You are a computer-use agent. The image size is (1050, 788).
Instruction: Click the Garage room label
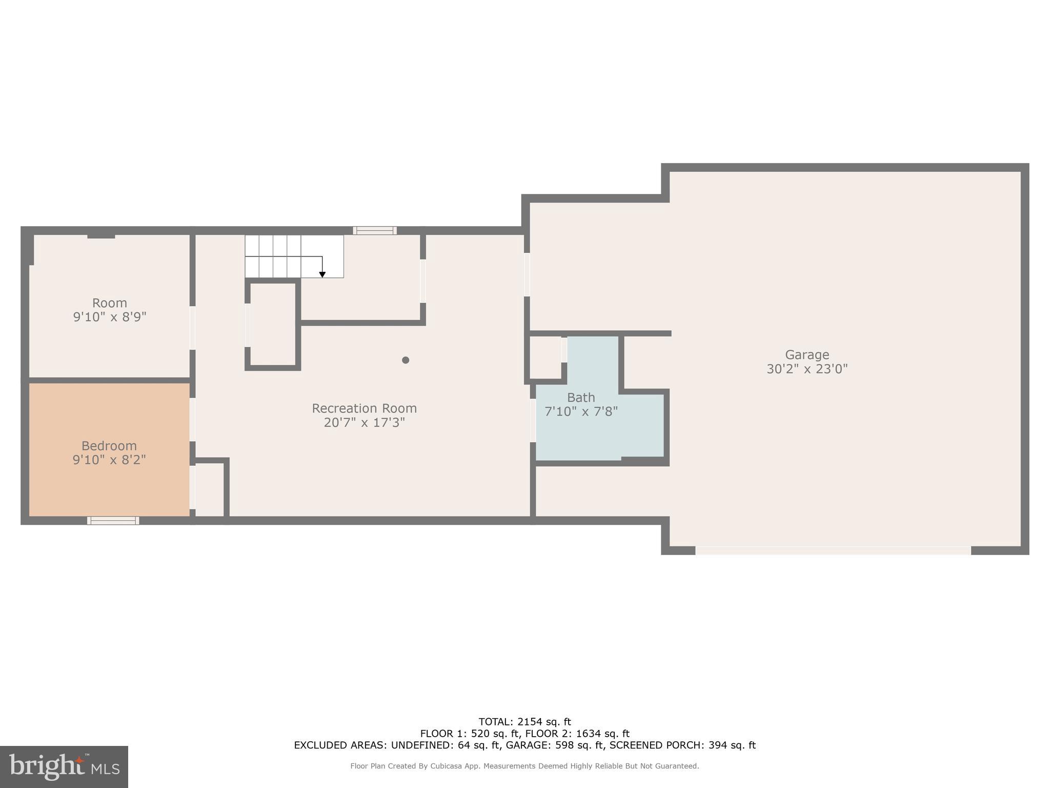click(x=806, y=354)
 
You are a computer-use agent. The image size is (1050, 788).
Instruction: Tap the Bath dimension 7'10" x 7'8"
click(x=581, y=411)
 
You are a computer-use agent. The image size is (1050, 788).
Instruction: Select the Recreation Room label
click(x=364, y=408)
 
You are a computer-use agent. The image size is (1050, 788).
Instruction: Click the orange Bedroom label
click(x=109, y=445)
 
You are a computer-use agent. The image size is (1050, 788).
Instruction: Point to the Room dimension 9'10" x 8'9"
click(x=110, y=317)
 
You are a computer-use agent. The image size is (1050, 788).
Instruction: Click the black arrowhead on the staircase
click(x=322, y=275)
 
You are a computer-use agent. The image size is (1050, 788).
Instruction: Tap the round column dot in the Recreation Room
click(x=406, y=360)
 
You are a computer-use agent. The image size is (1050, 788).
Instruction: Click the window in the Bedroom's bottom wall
click(x=113, y=520)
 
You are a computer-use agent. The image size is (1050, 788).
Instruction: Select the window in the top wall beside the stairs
click(x=375, y=230)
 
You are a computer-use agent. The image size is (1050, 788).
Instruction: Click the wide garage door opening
click(x=833, y=550)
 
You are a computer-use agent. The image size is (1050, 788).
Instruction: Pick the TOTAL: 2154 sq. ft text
click(x=524, y=722)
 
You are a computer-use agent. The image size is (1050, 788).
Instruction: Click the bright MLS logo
click(x=64, y=766)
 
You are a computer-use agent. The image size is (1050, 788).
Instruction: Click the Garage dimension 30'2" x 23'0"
click(x=806, y=369)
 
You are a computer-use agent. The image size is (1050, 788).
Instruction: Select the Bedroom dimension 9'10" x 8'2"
click(x=109, y=460)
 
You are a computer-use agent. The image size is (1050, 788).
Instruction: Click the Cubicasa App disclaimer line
click(x=524, y=766)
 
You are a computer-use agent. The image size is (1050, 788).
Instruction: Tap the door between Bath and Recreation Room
click(x=533, y=420)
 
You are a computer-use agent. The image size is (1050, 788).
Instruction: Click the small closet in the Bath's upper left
click(x=546, y=357)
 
